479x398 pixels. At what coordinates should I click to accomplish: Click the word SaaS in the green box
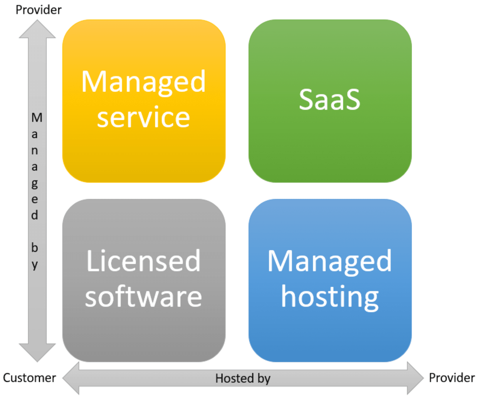point(330,100)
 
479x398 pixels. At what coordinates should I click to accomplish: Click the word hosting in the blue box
point(330,297)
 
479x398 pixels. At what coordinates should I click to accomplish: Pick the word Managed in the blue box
point(330,261)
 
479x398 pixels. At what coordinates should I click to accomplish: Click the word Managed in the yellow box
point(143,82)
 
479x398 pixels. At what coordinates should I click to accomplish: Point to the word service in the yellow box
point(143,117)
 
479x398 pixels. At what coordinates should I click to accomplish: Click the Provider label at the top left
point(38,10)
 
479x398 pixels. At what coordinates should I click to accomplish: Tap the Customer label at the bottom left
point(29,378)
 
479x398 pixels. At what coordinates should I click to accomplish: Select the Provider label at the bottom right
point(451,378)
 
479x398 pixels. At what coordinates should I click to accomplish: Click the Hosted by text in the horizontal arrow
point(243,378)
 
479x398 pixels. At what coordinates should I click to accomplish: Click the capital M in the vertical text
point(37,118)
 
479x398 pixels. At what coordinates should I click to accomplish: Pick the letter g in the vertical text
point(35,184)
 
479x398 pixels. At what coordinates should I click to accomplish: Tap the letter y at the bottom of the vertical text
point(35,265)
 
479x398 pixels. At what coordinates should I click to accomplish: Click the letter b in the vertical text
point(35,248)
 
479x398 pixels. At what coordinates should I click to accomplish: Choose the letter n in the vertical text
point(35,151)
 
